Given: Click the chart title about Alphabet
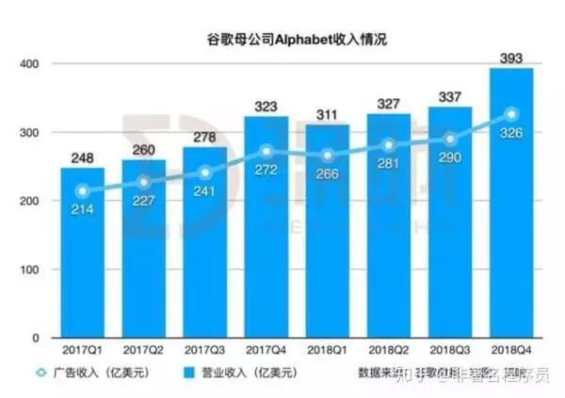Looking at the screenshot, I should [x=283, y=40].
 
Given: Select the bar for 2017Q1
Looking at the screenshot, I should [x=82, y=255].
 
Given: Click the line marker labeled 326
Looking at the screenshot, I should [x=510, y=114].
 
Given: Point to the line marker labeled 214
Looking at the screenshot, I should [x=82, y=191].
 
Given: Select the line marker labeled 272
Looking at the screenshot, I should [x=266, y=151].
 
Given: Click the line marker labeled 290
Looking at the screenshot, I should [x=449, y=139].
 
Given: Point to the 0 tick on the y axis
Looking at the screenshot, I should [x=33, y=338].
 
